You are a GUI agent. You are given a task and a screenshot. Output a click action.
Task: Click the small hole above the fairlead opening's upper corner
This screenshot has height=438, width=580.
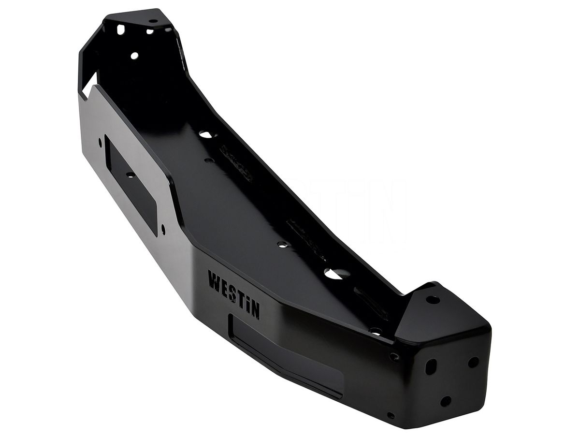coord(101,141)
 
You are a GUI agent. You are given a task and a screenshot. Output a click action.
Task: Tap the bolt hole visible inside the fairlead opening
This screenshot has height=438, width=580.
coord(130,175)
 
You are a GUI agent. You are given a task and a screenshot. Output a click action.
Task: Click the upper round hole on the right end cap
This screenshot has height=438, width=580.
coord(473,362)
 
